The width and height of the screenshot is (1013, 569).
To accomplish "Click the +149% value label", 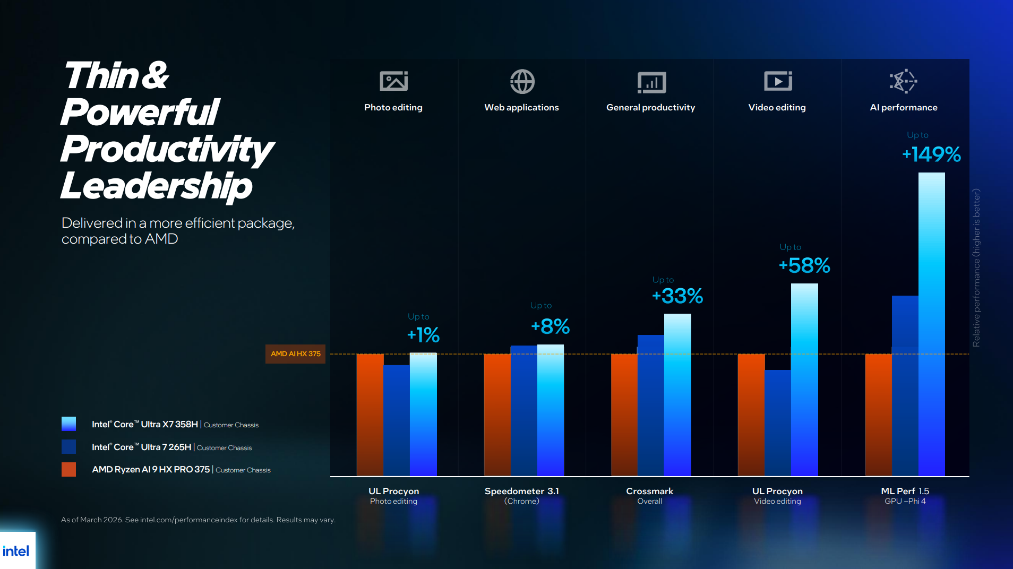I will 931,154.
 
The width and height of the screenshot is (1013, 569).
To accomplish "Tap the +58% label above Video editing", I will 804,265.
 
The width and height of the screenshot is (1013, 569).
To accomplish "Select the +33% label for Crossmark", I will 677,296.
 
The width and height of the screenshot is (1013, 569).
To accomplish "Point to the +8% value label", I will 551,326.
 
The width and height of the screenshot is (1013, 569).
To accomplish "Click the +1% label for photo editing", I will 423,335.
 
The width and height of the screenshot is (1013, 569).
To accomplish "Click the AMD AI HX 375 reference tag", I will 295,354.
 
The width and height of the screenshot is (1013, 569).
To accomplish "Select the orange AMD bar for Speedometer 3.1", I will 497,414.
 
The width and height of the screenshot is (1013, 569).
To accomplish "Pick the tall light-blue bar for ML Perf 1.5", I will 931,324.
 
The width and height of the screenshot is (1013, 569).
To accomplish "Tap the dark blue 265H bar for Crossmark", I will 650,406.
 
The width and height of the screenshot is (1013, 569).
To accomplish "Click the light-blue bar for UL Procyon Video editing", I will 804,380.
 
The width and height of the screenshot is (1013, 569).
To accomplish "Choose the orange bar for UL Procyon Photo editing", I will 370,414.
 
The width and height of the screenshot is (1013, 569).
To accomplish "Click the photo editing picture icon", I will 393,81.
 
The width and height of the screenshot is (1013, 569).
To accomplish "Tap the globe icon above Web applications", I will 522,82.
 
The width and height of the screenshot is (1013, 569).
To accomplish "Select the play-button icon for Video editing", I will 778,81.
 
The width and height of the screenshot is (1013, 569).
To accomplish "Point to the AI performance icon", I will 903,81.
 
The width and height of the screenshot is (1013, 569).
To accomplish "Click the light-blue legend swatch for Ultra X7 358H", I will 68,424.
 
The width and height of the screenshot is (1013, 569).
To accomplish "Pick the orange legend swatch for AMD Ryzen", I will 68,469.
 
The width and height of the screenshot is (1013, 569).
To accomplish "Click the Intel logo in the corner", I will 16,551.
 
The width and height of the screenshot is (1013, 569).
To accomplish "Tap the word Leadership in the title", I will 156,186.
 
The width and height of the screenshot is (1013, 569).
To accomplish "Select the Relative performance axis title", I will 976,268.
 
